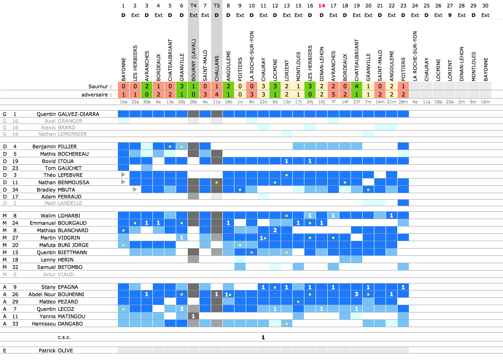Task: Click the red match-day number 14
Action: pos(322,6)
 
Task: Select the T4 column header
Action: pos(193,6)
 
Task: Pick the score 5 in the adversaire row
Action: pos(333,94)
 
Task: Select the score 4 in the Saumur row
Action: pos(357,86)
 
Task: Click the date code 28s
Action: pos(193,102)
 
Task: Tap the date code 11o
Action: pos(217,102)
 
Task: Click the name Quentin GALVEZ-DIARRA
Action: pos(68,114)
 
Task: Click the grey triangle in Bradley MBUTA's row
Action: pos(135,189)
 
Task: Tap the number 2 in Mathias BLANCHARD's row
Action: pos(275,230)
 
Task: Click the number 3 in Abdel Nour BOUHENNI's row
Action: pos(357,294)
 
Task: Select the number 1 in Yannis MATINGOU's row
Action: pos(193,316)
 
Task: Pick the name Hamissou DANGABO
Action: pos(57,324)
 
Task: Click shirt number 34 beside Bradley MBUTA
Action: pos(15,190)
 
